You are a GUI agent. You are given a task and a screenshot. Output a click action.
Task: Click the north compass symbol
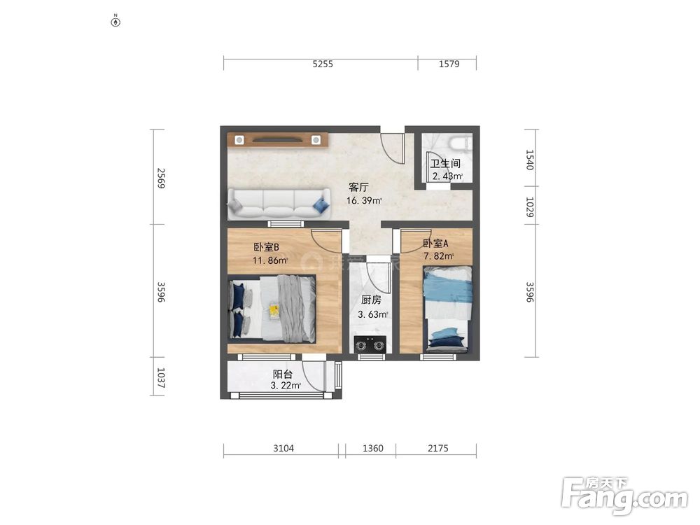(x=115, y=21)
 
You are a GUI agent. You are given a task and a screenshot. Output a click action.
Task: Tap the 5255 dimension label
(x=323, y=64)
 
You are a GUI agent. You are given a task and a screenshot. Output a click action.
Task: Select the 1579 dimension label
(x=449, y=64)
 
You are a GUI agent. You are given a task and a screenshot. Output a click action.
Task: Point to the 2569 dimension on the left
(x=161, y=178)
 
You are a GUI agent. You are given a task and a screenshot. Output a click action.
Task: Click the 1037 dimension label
(x=161, y=378)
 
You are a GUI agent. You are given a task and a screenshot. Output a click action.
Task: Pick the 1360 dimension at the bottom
(x=373, y=448)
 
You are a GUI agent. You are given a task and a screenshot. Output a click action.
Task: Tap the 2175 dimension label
(x=438, y=448)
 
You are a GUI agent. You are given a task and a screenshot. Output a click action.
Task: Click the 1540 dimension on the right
(x=529, y=160)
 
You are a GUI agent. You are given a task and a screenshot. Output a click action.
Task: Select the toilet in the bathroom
(x=460, y=142)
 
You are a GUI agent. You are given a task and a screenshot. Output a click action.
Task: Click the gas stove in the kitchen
(x=370, y=344)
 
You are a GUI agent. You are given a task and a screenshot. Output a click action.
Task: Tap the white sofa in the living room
(x=279, y=204)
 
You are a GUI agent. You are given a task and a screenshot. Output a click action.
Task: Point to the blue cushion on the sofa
(x=321, y=205)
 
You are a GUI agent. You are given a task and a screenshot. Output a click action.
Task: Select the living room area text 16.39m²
(x=364, y=200)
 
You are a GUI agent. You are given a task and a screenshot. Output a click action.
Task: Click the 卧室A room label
(x=435, y=244)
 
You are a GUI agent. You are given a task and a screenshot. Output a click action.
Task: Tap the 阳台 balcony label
(x=283, y=374)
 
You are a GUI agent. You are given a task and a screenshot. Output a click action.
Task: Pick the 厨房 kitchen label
(x=371, y=300)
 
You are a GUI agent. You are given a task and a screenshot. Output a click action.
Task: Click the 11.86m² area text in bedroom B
(x=270, y=260)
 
